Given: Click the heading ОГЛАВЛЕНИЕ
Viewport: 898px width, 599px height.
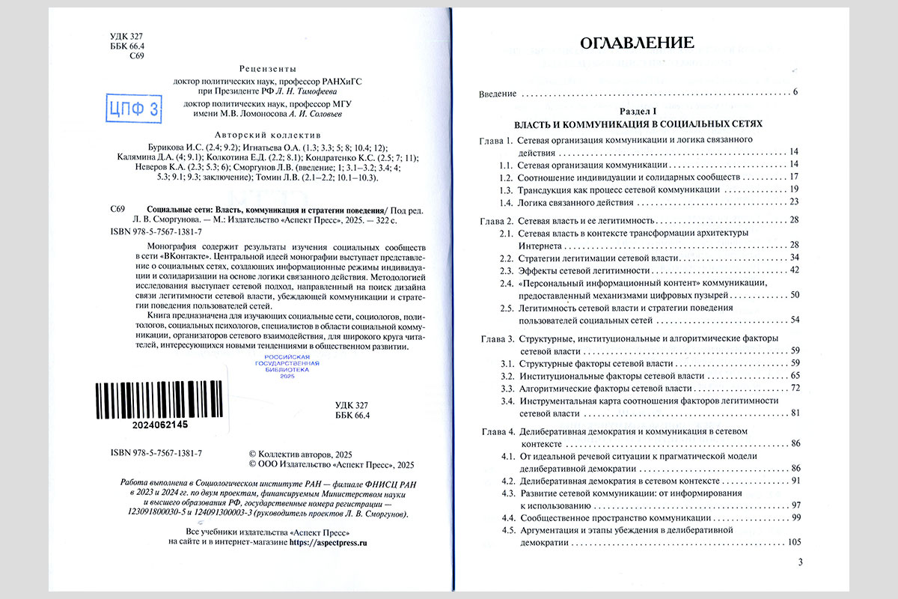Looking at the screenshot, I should point(638,42).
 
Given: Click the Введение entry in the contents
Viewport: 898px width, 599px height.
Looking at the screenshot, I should point(498,93).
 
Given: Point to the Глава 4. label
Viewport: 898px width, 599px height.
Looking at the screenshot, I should point(496,432).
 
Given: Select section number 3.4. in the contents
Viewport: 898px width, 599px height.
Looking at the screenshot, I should point(507,401).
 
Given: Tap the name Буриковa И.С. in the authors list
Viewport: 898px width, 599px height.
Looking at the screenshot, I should point(168,148).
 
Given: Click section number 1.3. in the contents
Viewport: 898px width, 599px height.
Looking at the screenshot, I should point(507,189).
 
